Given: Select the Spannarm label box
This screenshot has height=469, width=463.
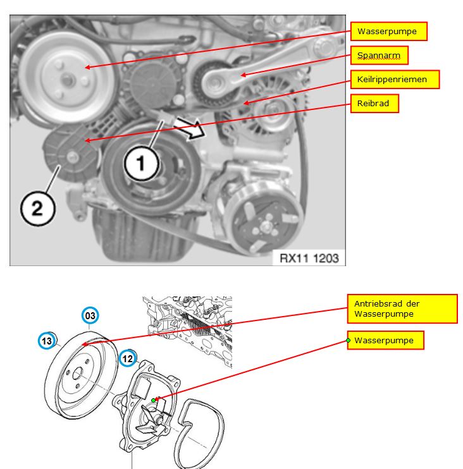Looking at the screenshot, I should (x=379, y=56).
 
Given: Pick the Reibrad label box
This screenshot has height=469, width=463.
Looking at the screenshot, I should (x=373, y=103).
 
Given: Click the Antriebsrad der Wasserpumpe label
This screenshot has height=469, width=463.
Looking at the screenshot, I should (x=402, y=308).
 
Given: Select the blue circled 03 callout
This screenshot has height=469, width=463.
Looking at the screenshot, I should (x=90, y=315).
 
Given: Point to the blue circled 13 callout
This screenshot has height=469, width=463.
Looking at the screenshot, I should (x=46, y=341).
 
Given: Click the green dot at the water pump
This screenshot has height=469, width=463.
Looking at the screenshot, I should (x=154, y=400).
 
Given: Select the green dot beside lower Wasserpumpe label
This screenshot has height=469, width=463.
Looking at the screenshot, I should (x=348, y=341).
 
